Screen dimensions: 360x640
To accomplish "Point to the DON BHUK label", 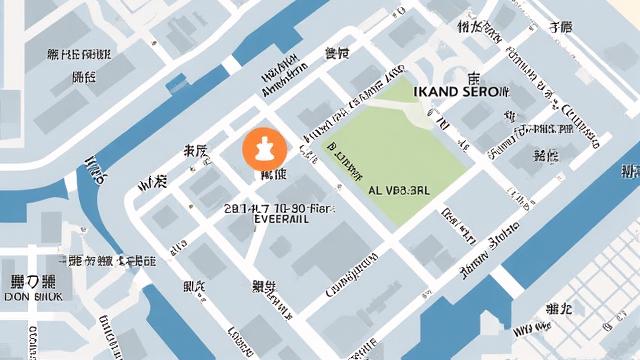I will coord(34,297).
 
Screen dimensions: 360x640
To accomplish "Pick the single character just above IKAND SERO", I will coord(474,76).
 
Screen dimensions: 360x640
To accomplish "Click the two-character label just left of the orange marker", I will coord(194,152).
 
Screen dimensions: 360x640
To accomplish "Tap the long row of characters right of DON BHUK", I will coord(106,262).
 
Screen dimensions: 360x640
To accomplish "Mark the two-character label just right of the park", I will coord(545,156).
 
